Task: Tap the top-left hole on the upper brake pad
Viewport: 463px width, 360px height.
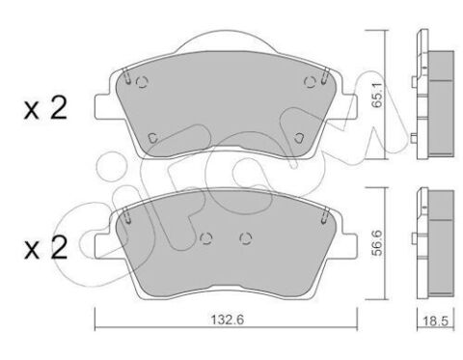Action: coord(141,82)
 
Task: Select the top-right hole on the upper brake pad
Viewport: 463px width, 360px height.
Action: coord(310,82)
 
